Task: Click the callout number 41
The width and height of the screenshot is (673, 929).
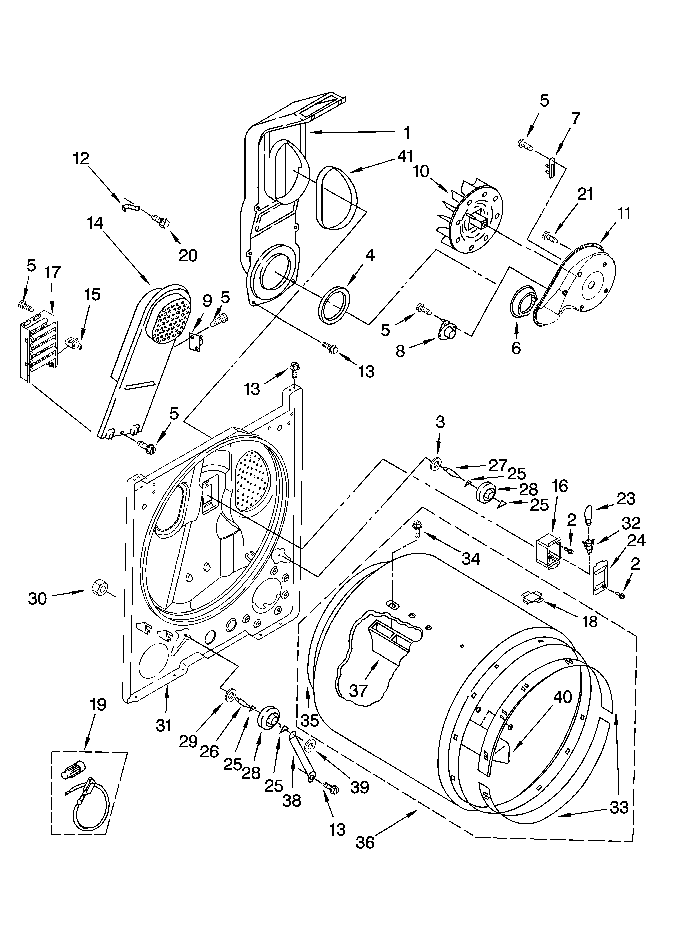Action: coord(405,156)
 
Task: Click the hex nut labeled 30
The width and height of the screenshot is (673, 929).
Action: coord(98,589)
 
